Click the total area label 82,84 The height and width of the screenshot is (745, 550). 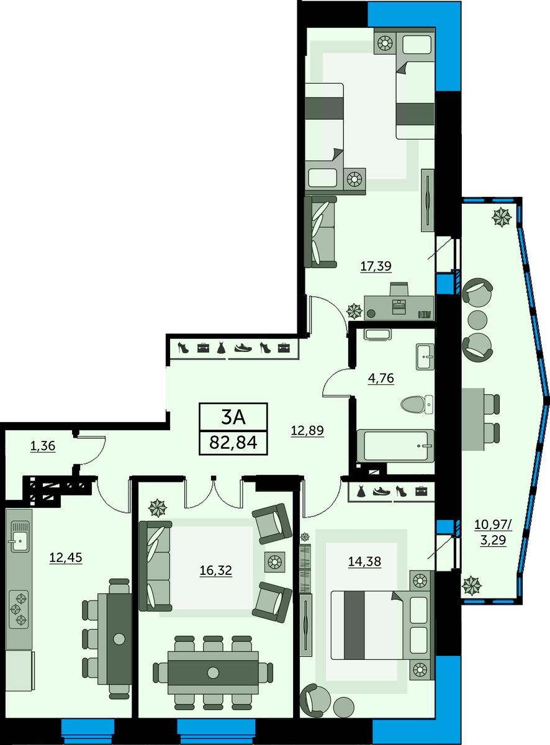pos(233,443)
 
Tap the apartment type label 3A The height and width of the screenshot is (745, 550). pos(233,417)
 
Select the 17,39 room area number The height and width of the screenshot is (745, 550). pos(376,266)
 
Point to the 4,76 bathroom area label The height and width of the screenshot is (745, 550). pos(381,378)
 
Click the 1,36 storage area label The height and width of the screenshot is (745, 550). pos(43,446)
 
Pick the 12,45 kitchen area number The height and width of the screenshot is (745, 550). pos(66,558)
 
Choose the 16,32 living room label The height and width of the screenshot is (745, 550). pos(215,570)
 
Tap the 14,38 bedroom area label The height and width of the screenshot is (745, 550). pos(364,561)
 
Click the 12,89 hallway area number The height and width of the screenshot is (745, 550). pos(307,430)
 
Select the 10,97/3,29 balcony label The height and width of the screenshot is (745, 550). pos(494,533)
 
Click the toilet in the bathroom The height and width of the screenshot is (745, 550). pos(417,404)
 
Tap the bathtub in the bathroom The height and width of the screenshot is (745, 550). pos(395,446)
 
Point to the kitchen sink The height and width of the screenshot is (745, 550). pos(20,536)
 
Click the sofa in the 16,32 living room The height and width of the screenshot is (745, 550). pos(156,566)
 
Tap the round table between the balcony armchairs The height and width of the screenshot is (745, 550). pos(477,320)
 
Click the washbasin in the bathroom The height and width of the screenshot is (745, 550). pos(425,356)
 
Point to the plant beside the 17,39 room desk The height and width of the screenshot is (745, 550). pos(354,312)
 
